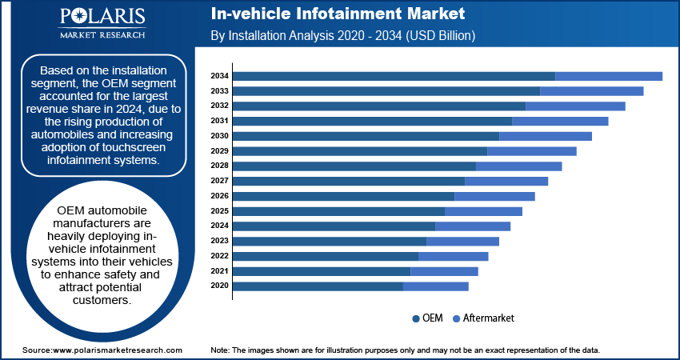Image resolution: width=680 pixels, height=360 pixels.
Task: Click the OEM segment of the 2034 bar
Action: click(x=394, y=76)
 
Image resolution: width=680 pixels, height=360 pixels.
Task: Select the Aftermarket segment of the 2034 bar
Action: click(x=609, y=76)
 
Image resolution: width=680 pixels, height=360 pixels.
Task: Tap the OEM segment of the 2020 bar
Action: click(x=318, y=286)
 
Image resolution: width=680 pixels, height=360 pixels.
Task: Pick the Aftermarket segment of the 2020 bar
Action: click(x=436, y=286)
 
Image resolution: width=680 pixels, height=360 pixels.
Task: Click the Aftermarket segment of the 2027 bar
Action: click(x=506, y=181)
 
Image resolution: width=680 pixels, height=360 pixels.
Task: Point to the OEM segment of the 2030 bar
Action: click(x=366, y=136)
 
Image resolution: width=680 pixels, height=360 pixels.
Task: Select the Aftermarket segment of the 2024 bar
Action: click(x=473, y=226)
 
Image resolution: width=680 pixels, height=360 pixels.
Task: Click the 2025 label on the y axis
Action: click(x=220, y=211)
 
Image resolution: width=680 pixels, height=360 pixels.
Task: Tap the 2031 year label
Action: click(x=220, y=121)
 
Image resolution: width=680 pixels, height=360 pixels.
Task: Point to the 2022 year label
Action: click(x=220, y=256)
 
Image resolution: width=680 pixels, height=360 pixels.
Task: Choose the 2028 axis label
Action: click(x=220, y=166)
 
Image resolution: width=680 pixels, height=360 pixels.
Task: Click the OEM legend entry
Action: click(x=427, y=318)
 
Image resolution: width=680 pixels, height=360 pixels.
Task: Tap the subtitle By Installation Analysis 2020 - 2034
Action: click(x=343, y=36)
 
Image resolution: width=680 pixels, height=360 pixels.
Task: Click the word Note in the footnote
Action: click(x=221, y=350)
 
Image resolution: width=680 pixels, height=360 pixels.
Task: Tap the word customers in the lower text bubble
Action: click(x=101, y=300)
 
